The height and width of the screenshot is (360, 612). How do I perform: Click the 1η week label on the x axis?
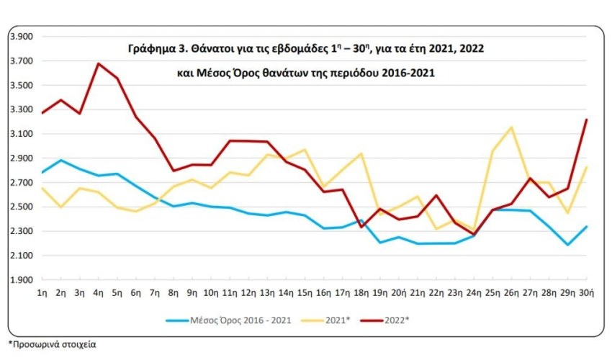coord(42,293)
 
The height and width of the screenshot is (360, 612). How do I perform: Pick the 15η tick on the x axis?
coord(305,293)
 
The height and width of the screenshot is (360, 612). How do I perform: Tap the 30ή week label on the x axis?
coord(587,293)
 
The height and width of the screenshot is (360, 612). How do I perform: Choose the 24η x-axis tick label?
coord(474,293)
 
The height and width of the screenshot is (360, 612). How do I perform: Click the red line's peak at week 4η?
coord(99,63)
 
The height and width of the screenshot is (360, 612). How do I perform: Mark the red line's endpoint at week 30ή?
coord(587,120)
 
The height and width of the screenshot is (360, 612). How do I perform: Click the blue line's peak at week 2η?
coord(61,160)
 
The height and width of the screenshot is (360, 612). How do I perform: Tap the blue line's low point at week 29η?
coord(568,245)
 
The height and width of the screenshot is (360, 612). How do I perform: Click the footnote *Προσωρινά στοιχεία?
coord(52,344)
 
